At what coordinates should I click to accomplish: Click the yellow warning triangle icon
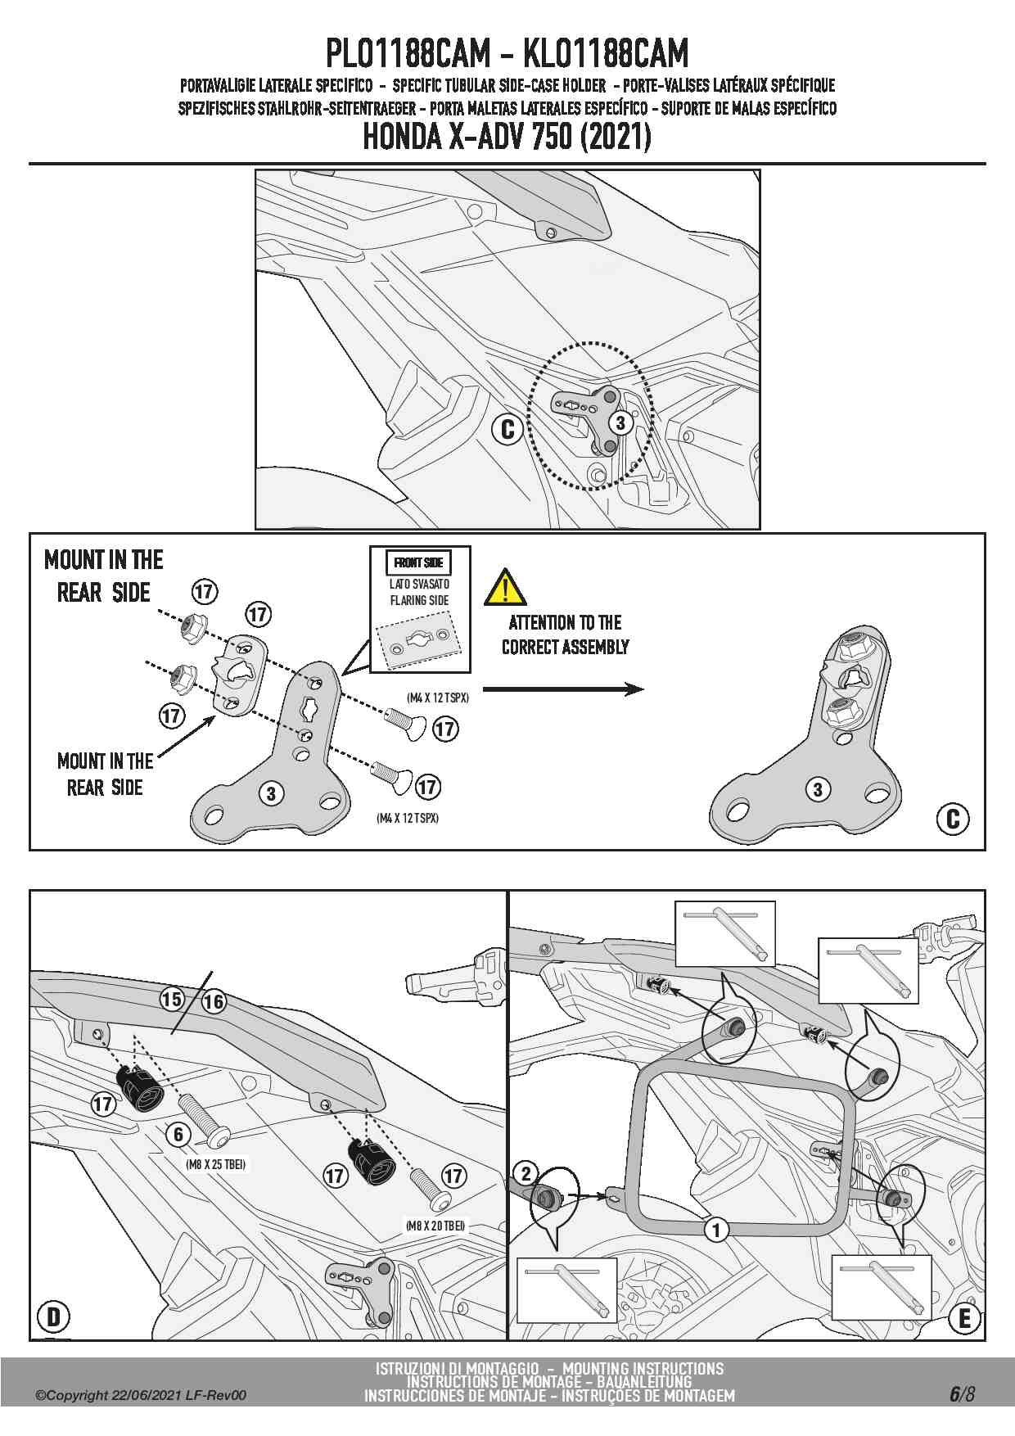(504, 587)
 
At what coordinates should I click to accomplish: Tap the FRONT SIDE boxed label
(418, 562)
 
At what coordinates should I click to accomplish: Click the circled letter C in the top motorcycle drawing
(508, 429)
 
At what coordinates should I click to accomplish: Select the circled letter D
(54, 1316)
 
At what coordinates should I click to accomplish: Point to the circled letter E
(964, 1318)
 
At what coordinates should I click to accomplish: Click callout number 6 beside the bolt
(178, 1134)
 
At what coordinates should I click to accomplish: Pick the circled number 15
(172, 999)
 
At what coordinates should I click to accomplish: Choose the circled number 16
(214, 1001)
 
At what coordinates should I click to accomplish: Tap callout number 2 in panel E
(526, 1173)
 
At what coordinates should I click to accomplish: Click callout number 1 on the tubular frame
(716, 1229)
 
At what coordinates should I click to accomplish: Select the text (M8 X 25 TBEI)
(216, 1163)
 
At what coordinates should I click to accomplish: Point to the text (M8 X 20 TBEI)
(435, 1226)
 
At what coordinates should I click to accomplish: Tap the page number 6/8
(962, 1393)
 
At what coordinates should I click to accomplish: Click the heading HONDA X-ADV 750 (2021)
(507, 137)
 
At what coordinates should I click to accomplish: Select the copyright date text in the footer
(140, 1395)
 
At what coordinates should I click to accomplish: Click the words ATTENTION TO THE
(565, 622)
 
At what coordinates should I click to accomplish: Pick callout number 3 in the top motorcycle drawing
(620, 423)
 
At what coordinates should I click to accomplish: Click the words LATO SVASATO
(419, 584)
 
